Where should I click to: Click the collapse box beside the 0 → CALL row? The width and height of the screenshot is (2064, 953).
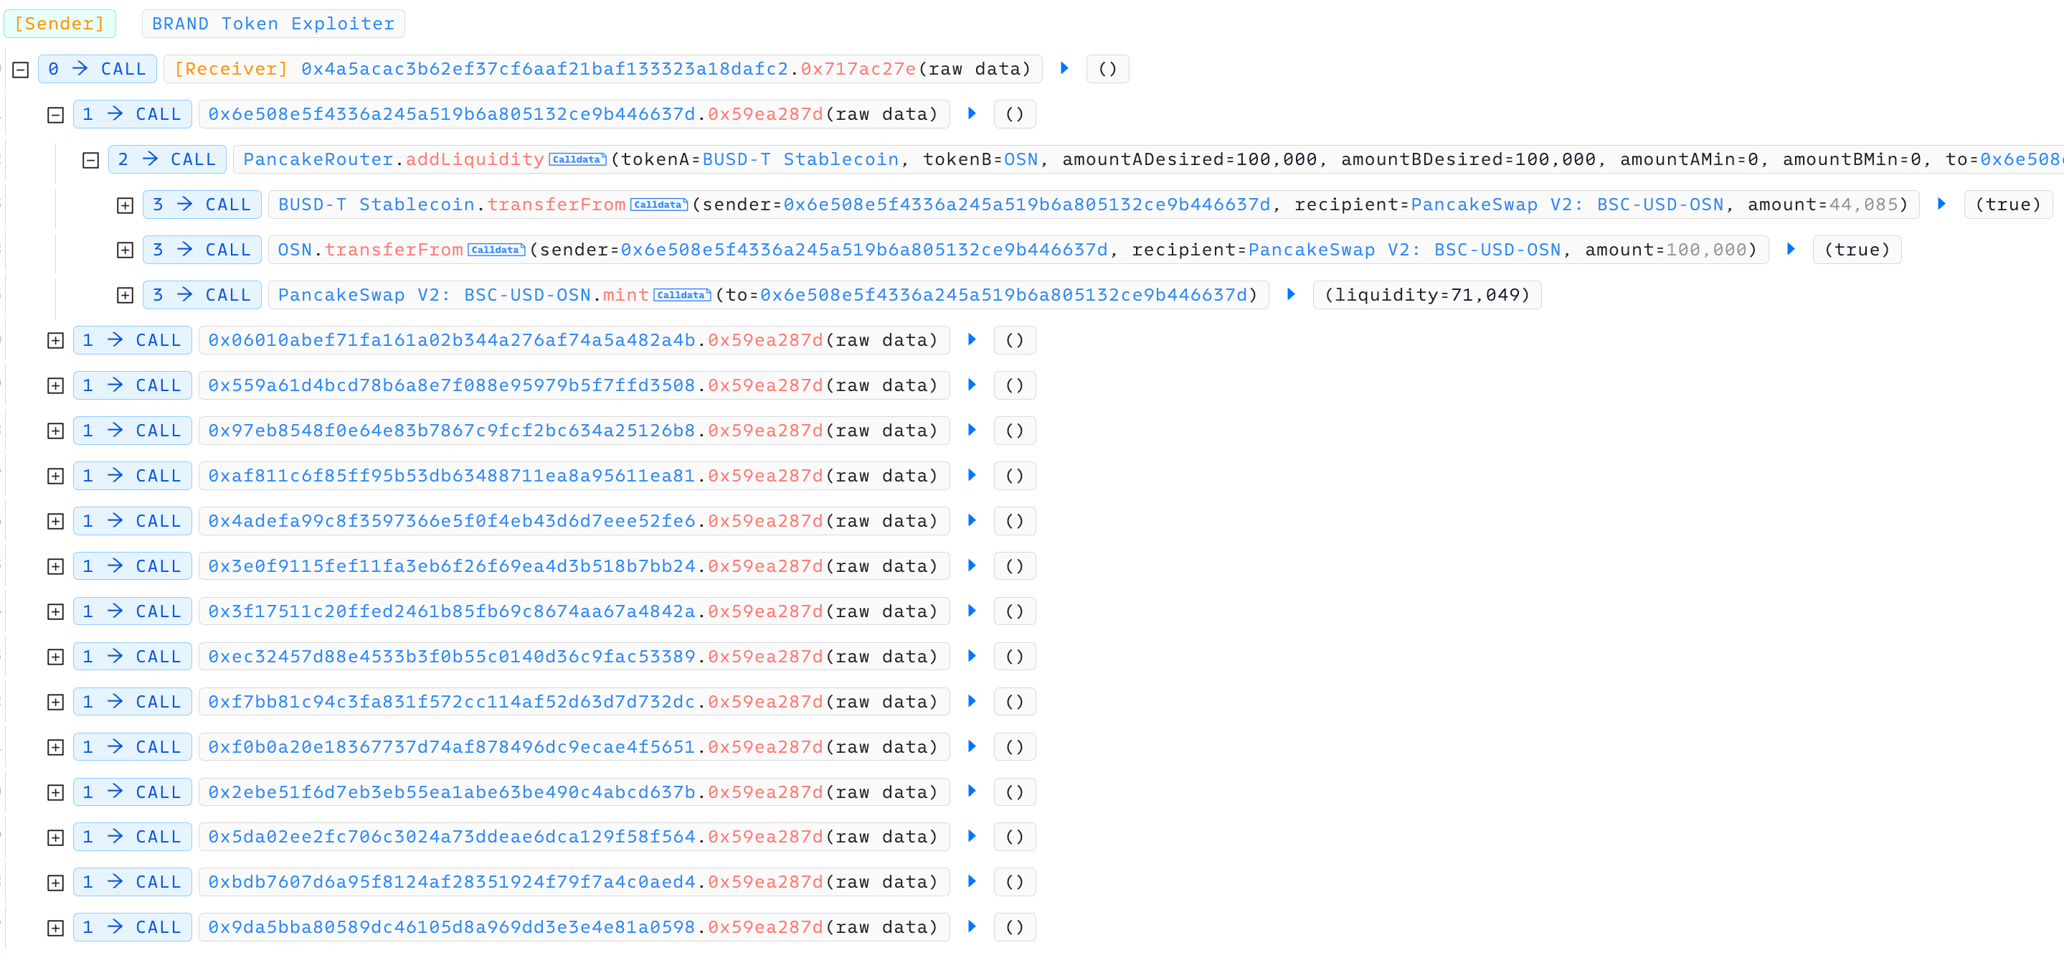[21, 70]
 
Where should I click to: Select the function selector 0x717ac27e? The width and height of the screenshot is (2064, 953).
[858, 70]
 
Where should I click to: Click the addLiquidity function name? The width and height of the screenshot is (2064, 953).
[474, 159]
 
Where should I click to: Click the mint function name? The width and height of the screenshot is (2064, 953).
[626, 295]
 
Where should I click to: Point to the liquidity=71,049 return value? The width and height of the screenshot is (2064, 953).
[1427, 295]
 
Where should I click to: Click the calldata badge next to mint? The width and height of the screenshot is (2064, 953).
[682, 295]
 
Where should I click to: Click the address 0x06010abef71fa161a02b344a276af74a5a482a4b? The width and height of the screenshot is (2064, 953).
[452, 340]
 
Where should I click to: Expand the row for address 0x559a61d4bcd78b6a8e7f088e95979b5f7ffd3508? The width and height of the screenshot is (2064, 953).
[55, 385]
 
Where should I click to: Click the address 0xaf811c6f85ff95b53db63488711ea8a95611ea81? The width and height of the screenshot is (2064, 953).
[452, 475]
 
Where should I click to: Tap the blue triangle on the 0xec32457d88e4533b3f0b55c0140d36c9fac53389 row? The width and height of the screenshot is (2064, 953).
[972, 656]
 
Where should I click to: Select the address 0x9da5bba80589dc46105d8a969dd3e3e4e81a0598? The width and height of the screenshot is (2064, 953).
[452, 926]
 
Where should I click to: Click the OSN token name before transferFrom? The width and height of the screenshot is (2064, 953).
[295, 250]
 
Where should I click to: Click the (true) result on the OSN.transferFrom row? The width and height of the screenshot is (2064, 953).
[1857, 250]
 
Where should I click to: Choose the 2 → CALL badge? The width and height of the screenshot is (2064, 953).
[168, 159]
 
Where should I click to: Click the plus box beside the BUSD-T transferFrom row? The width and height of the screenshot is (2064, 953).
[125, 205]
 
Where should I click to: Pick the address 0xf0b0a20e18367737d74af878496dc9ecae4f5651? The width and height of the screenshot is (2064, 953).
[452, 746]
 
